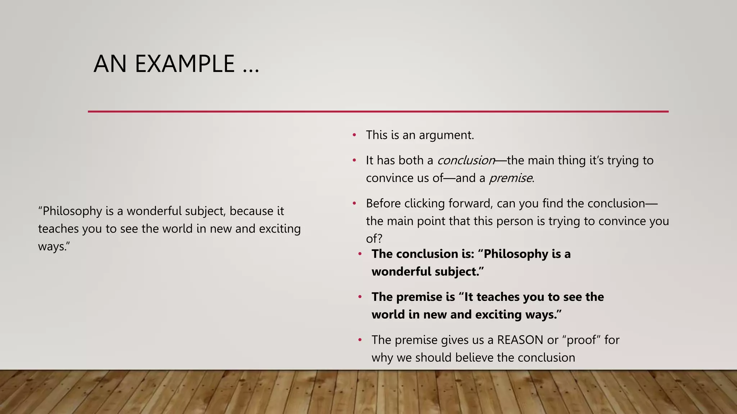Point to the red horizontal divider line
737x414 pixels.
378,112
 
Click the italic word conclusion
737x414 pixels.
466,160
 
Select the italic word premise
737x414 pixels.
510,178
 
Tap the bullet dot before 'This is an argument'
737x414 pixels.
354,135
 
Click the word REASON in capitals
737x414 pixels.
520,340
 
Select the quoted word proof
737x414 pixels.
581,340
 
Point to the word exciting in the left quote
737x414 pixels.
280,229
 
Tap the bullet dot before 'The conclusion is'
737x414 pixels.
360,254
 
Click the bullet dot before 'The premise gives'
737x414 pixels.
360,340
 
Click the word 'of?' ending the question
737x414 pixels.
374,239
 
